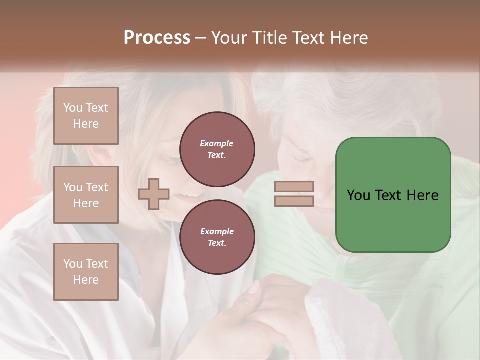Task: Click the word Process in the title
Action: (157, 38)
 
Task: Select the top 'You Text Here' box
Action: (86, 116)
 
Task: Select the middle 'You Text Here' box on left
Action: (86, 195)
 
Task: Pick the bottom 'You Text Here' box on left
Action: (86, 272)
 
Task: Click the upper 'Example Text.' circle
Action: (217, 149)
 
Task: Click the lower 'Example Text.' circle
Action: (217, 237)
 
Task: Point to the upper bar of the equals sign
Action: (294, 187)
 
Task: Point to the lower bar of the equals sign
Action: (294, 201)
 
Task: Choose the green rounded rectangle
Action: (393, 195)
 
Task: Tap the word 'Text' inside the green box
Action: (393, 195)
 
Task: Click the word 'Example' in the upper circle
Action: (217, 144)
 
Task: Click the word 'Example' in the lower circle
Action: (217, 232)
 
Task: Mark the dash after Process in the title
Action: (200, 38)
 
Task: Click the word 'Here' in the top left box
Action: (86, 124)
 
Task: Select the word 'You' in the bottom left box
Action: (72, 264)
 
